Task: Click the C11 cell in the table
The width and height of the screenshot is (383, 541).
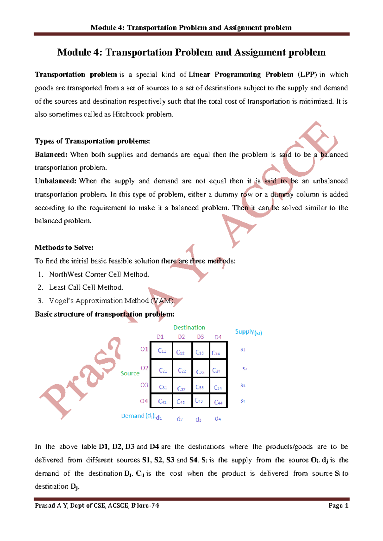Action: coord(162,351)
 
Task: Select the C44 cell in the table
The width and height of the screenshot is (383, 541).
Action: coord(218,402)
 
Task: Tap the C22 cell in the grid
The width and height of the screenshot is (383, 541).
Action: coord(182,370)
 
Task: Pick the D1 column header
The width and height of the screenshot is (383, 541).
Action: coord(160,337)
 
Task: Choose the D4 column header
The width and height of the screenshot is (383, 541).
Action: coord(218,337)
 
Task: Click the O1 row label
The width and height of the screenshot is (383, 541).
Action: coord(144,349)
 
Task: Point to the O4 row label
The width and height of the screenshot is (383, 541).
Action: coord(144,401)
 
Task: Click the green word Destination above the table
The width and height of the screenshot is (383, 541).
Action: coord(189,327)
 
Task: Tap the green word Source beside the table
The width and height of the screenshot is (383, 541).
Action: coord(130,373)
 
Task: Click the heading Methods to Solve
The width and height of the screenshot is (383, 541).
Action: coord(64,248)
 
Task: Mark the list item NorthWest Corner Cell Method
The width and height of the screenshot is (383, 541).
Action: coord(99,274)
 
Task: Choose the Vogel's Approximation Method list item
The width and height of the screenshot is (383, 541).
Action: coord(112,301)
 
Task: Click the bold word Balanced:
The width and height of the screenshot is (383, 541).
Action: coord(51,155)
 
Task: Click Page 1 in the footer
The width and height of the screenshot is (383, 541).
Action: coord(338,506)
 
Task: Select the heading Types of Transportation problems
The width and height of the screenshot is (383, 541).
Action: coord(92,141)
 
